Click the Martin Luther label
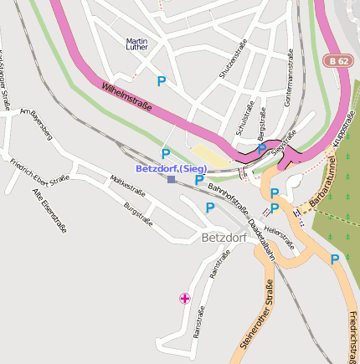tap(136, 44)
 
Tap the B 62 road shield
tap(339, 60)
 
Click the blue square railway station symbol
tap(171, 179)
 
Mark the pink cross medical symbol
tap(184, 298)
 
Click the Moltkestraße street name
tap(127, 186)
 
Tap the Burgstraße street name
tap(138, 213)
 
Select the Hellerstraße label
tap(279, 236)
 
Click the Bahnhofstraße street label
tap(229, 198)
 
